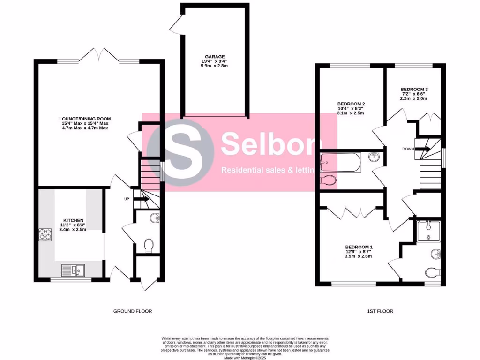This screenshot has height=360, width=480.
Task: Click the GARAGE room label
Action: click(x=214, y=56)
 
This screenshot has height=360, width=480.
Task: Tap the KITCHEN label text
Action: click(x=74, y=220)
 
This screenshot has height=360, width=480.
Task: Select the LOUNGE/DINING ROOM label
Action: click(x=85, y=119)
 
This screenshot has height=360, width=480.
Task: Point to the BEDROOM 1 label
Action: click(x=359, y=247)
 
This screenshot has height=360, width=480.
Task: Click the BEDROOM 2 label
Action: click(x=351, y=104)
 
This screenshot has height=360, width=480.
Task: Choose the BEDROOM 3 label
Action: click(x=414, y=89)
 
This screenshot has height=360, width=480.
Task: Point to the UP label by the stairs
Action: click(x=127, y=199)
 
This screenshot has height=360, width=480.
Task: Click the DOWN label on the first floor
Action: click(x=407, y=149)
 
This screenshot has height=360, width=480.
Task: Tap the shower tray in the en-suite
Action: click(x=429, y=231)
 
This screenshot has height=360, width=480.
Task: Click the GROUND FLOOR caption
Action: click(x=133, y=311)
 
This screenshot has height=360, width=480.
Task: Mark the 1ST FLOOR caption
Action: click(x=380, y=311)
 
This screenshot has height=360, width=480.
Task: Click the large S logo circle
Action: click(x=180, y=152)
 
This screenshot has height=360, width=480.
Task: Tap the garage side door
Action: click(x=177, y=23)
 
